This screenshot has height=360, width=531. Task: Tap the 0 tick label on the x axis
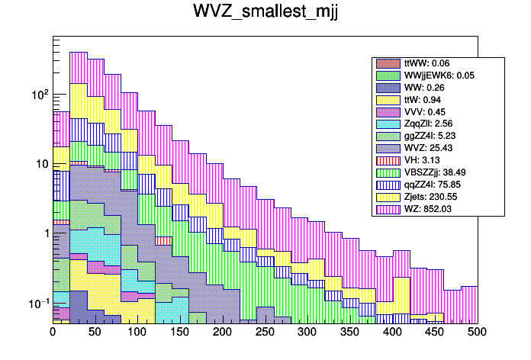53,333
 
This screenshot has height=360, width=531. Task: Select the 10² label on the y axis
37,94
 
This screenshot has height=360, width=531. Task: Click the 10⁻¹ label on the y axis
37,304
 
